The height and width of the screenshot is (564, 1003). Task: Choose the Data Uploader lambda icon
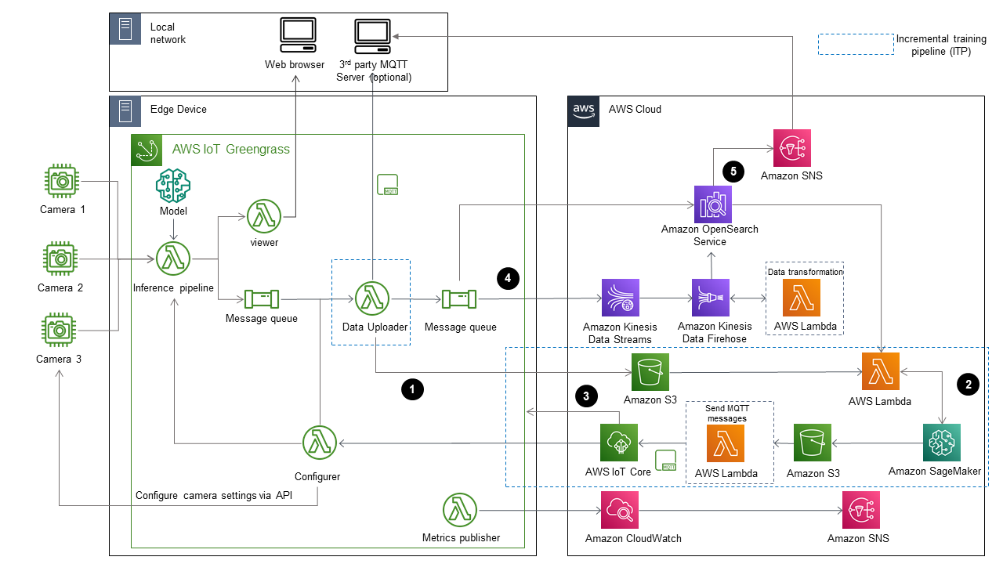click(x=372, y=299)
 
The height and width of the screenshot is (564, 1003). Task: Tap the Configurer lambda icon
click(x=319, y=444)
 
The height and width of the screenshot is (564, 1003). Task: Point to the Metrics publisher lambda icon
click(x=461, y=511)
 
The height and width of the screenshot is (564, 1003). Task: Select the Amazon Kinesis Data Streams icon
click(x=621, y=298)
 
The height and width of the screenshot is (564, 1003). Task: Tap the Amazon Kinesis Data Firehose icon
click(x=710, y=298)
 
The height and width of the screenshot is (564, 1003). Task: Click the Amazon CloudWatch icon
click(x=621, y=511)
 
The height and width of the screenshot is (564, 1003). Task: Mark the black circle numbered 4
click(x=508, y=277)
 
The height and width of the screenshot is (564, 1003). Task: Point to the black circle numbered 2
click(x=969, y=384)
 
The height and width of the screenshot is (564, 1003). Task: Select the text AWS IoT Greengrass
click(x=230, y=149)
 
